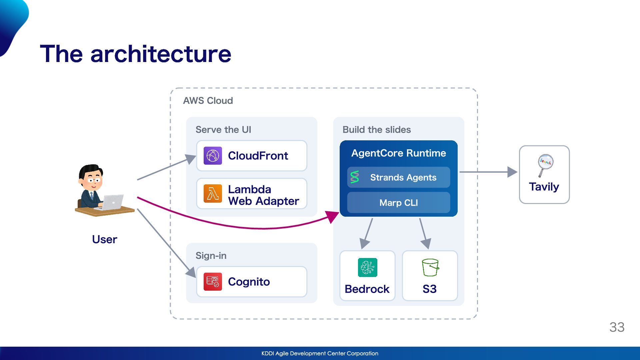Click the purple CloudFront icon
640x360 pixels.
pyautogui.click(x=213, y=156)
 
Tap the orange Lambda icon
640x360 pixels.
pyautogui.click(x=213, y=193)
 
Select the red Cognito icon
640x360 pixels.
pyautogui.click(x=213, y=282)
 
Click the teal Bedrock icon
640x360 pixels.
pyautogui.click(x=367, y=267)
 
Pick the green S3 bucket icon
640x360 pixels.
pyautogui.click(x=430, y=267)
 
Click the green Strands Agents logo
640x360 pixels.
pyautogui.click(x=355, y=177)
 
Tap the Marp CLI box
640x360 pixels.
pyautogui.click(x=398, y=203)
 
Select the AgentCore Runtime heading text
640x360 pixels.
pyautogui.click(x=398, y=153)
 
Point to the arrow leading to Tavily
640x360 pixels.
pyautogui.click(x=488, y=172)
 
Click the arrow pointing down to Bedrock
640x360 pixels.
pyautogui.click(x=366, y=234)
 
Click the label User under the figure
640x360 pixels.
pyautogui.click(x=104, y=239)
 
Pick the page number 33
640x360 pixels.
pyautogui.click(x=617, y=327)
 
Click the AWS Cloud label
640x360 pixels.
pyautogui.click(x=208, y=101)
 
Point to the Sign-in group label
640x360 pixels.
pyautogui.click(x=211, y=256)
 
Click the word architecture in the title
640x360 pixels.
pyautogui.click(x=161, y=54)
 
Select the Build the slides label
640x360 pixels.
pyautogui.click(x=377, y=130)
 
